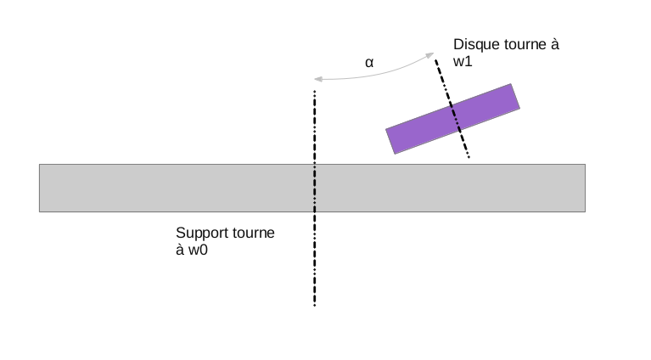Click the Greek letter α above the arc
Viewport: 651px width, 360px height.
pos(369,62)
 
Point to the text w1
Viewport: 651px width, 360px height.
pos(464,62)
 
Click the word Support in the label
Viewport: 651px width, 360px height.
pos(202,233)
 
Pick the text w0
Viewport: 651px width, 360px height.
pos(198,250)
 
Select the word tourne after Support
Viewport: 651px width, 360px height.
pos(254,233)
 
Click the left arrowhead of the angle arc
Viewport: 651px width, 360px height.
pos(316,80)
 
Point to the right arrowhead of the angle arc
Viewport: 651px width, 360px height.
pos(429,54)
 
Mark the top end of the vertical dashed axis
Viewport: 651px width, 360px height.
pos(315,92)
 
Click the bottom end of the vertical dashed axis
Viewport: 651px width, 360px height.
pos(315,304)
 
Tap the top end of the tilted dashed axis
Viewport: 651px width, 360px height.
pos(436,60)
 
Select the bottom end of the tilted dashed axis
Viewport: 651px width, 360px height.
pos(468,157)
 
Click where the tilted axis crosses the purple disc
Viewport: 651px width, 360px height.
pos(453,118)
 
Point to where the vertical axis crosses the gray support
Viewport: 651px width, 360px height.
pos(315,188)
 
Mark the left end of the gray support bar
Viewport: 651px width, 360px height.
pos(41,188)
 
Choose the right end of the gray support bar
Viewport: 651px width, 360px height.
pos(584,188)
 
